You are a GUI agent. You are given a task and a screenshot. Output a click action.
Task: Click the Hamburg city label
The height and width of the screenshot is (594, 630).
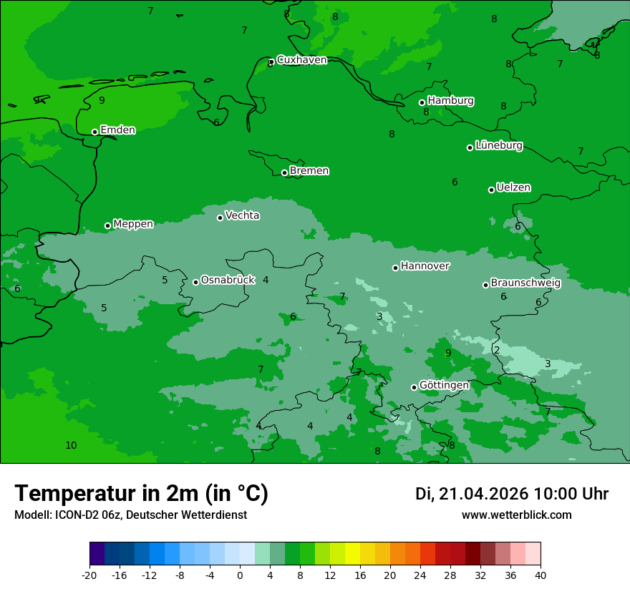[x=450, y=101]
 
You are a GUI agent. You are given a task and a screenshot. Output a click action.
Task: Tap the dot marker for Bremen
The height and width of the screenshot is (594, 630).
[x=284, y=172]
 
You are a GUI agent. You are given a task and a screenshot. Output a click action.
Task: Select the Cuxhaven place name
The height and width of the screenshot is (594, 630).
[x=301, y=60]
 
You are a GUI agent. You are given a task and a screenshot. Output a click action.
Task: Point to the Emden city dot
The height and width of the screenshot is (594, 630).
[x=94, y=132]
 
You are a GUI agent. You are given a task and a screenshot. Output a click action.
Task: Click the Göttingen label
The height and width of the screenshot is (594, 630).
[x=444, y=386]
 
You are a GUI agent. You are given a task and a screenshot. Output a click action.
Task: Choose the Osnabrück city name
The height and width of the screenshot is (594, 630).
[x=228, y=281]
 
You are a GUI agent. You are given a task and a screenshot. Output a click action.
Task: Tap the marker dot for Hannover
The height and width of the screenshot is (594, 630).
[x=395, y=268]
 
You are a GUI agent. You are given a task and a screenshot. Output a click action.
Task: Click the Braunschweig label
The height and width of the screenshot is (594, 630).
[x=525, y=283]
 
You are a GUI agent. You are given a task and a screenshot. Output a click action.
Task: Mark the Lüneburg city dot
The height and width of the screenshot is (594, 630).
[x=470, y=147]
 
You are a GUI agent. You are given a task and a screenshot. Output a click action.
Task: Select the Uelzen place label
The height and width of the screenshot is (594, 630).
[x=513, y=188]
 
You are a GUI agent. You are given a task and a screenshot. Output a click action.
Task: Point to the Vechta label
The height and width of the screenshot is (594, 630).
[x=242, y=215]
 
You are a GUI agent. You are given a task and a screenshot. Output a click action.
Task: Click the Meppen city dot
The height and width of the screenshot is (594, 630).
[x=107, y=225]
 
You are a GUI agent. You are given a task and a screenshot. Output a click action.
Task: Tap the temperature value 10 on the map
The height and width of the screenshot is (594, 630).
[x=71, y=445]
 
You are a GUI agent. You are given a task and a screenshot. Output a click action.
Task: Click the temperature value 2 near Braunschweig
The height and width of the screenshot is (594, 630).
[x=496, y=350]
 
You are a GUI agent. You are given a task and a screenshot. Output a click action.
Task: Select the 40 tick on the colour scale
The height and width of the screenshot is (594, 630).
[x=541, y=575]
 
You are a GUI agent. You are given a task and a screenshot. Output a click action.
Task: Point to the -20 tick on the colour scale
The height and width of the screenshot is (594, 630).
[x=89, y=575]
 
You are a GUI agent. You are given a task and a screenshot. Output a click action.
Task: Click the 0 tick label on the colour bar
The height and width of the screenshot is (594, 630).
[x=240, y=575]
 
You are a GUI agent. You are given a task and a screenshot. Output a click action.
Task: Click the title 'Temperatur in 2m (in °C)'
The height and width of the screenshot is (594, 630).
[x=141, y=494]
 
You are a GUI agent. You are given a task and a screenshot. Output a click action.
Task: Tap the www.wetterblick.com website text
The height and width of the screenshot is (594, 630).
[x=516, y=515]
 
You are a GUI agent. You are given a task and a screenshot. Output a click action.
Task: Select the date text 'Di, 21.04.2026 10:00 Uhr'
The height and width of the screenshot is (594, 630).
[x=512, y=494]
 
